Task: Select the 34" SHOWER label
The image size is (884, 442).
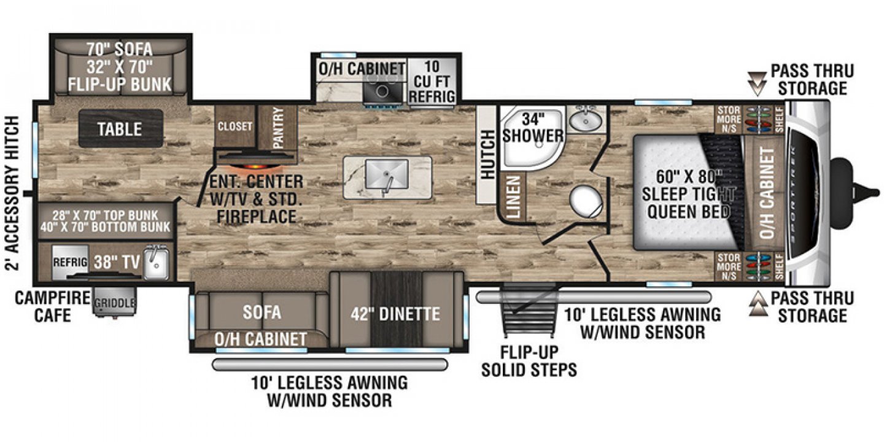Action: pos(533,126)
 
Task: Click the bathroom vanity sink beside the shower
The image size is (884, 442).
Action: pos(584,120)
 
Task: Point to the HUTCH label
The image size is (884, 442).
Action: pos(487,154)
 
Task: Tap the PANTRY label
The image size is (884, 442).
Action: pos(277,128)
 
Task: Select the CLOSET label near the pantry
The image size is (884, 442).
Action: pos(235,126)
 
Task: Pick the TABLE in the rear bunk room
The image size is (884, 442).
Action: pos(120,128)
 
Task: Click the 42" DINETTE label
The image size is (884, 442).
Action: pos(396,314)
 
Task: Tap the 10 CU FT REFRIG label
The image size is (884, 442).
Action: pos(433,82)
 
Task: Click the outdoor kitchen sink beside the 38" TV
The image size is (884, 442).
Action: pos(155,263)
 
